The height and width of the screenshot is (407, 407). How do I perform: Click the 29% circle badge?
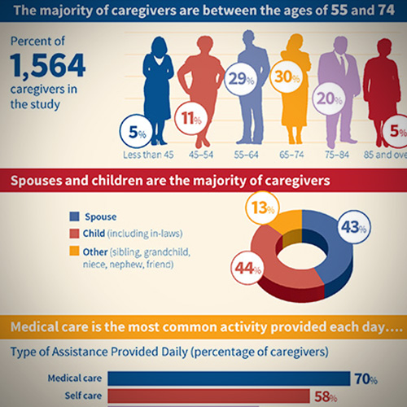[241, 79]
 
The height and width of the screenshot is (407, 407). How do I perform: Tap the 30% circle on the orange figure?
[287, 77]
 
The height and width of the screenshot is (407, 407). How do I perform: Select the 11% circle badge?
[191, 118]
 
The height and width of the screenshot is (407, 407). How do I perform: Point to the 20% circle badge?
[330, 98]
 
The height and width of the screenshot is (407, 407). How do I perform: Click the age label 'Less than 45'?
[148, 155]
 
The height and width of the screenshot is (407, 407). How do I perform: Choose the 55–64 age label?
[246, 155]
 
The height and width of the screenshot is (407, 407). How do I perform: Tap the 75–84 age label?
[337, 155]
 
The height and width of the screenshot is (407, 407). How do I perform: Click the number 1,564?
[48, 65]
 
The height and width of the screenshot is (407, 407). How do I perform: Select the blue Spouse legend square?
[74, 217]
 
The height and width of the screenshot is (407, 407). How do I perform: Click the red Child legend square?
[74, 234]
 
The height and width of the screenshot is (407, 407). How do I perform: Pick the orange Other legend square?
[74, 251]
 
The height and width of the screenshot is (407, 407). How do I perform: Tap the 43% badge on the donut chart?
[354, 227]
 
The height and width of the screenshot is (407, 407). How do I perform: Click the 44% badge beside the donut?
[247, 268]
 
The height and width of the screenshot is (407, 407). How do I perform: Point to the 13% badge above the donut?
[262, 208]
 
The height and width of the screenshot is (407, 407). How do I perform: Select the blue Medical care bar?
[229, 379]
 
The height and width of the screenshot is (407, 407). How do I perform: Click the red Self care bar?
[208, 396]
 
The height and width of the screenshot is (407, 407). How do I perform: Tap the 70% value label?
[366, 379]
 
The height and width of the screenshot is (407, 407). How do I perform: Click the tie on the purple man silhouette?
[343, 64]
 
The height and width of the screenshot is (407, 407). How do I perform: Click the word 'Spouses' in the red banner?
[37, 181]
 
